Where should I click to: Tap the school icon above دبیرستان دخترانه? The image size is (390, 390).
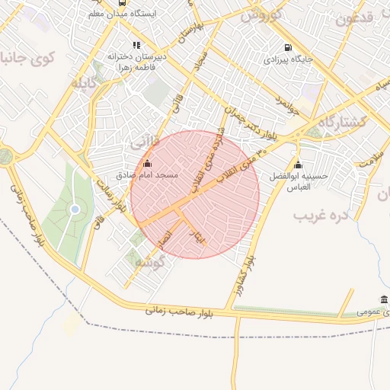(136, 45)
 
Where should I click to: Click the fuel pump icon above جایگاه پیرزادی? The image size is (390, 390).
(287, 46)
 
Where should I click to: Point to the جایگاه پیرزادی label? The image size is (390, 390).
(287, 58)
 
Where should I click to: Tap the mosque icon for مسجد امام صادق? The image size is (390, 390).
(147, 163)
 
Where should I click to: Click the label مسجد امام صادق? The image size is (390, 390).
(147, 175)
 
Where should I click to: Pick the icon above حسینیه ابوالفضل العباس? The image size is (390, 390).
(298, 165)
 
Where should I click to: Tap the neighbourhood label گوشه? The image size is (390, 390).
(149, 262)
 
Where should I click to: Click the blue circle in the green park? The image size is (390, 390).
(75, 209)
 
